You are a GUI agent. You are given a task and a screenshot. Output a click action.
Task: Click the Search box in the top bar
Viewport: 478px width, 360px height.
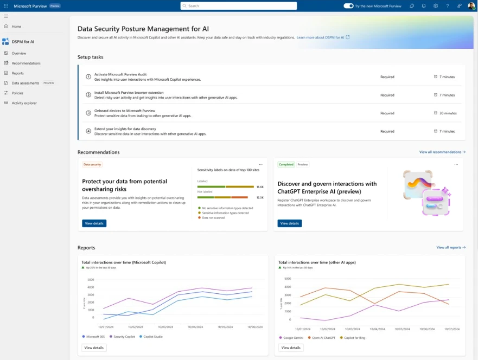click(239, 6)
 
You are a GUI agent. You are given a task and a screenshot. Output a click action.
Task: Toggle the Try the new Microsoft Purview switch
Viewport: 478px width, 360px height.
click(348, 6)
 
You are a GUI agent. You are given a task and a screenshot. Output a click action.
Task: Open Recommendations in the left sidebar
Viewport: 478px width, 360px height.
click(26, 63)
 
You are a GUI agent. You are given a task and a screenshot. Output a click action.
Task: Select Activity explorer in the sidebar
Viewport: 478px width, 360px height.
click(24, 103)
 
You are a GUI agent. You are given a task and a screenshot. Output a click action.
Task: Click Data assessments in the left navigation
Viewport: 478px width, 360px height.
click(26, 83)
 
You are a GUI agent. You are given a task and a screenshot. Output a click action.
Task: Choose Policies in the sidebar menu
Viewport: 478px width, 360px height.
click(17, 93)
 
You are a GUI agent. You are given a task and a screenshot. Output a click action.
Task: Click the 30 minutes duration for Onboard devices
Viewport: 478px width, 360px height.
click(448, 113)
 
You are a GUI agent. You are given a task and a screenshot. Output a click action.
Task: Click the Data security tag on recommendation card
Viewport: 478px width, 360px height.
click(92, 164)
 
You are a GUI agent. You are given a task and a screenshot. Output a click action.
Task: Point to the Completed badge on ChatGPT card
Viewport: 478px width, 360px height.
click(286, 164)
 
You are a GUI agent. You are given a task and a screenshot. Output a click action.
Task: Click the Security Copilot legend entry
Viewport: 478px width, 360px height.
click(124, 337)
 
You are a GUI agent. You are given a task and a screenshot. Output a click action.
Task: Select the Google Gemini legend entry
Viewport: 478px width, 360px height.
click(293, 337)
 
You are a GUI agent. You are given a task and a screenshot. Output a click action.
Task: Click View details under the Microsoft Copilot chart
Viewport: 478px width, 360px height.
click(94, 348)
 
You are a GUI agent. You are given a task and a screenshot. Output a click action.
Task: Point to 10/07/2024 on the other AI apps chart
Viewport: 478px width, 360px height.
click(452, 329)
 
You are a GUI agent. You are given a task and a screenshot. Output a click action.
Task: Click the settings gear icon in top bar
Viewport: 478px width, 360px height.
click(436, 6)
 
